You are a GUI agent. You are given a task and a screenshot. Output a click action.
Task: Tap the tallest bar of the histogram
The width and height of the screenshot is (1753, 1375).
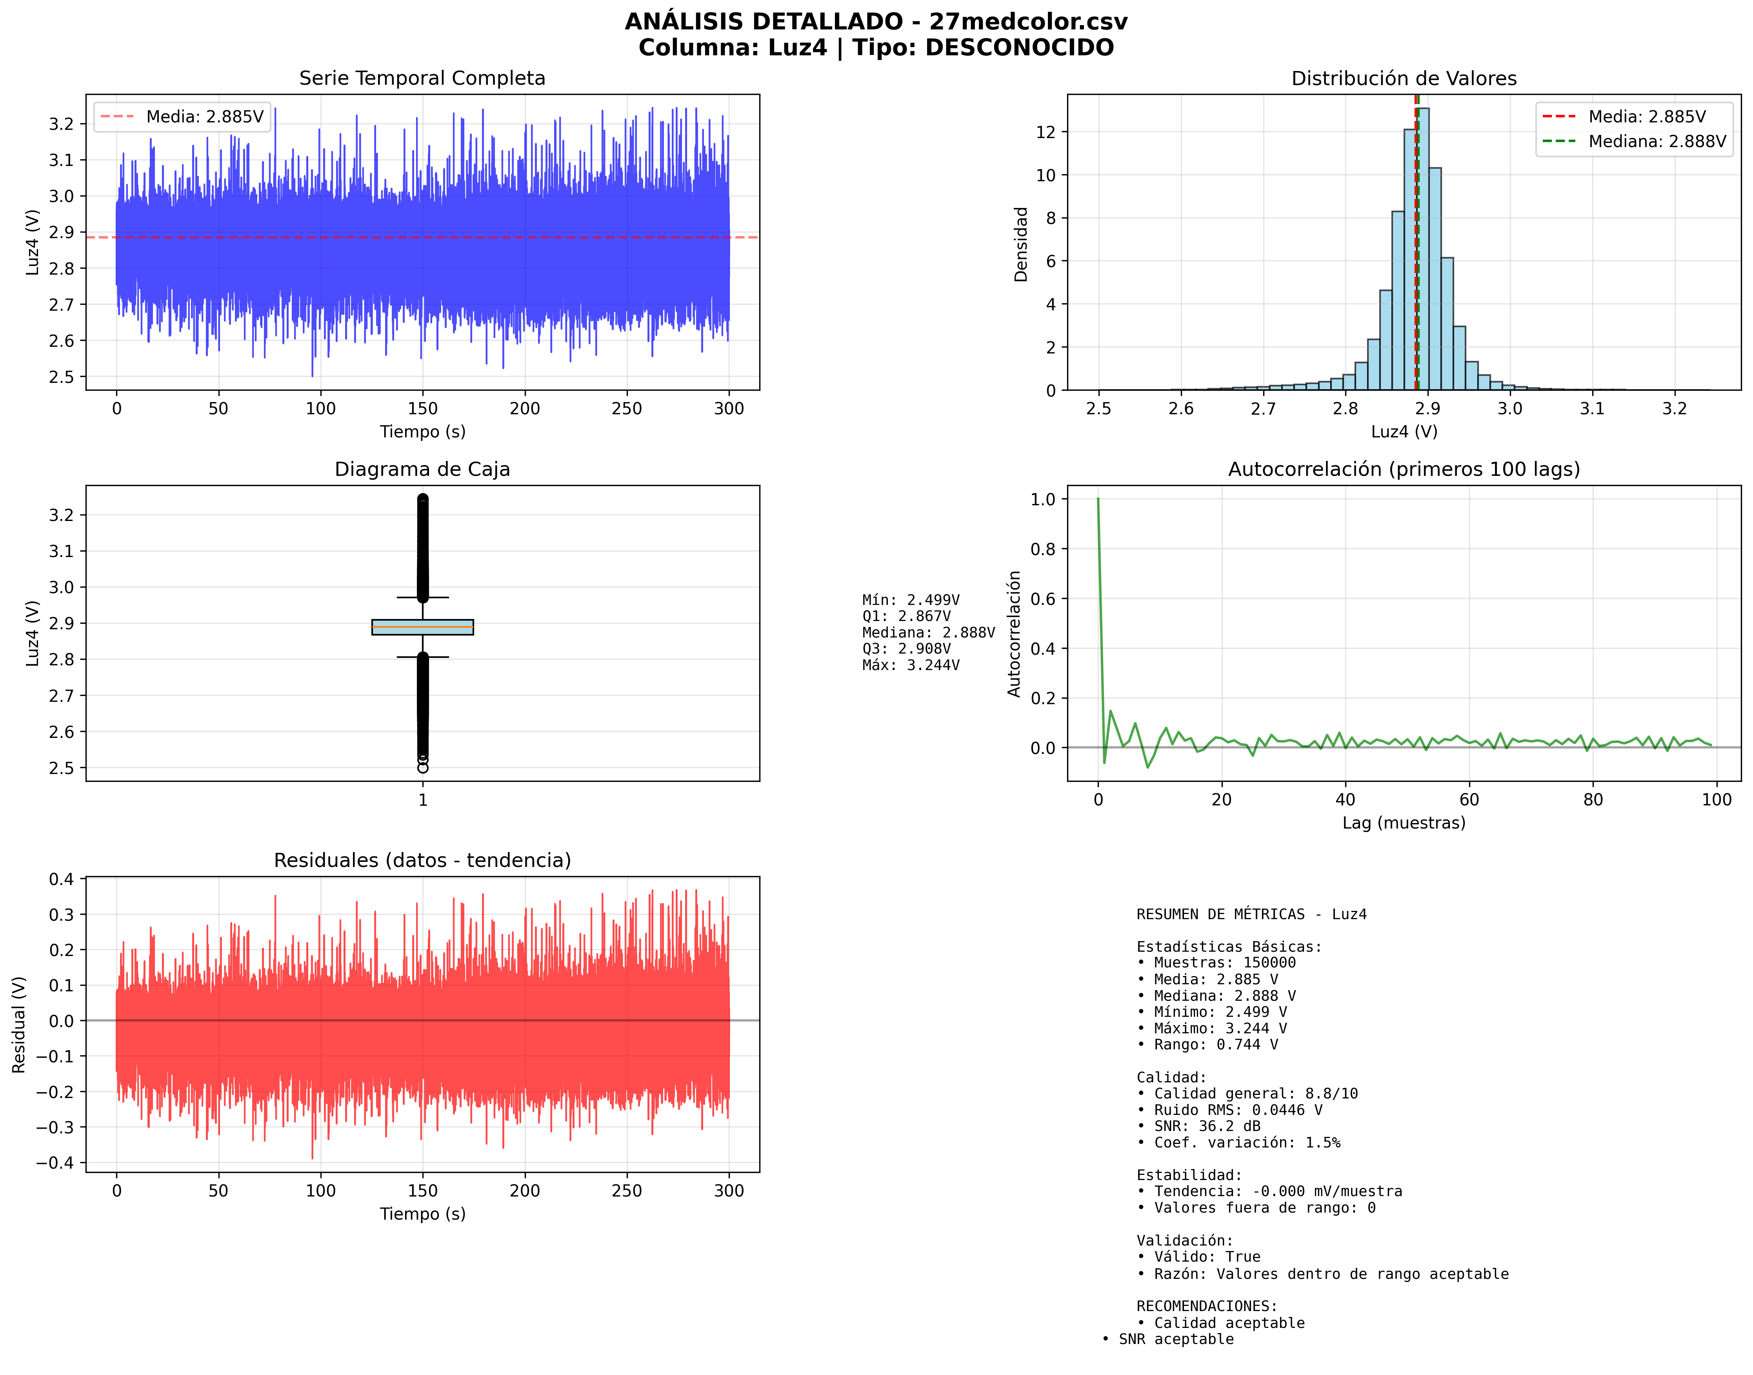coord(1422,250)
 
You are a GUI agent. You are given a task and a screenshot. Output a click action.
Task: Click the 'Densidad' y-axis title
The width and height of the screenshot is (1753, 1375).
coord(1020,244)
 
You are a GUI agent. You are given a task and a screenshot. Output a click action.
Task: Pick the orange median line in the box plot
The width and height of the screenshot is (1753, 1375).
coord(422,626)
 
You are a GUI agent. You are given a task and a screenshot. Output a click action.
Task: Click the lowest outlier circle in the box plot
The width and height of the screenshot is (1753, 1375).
coord(422,768)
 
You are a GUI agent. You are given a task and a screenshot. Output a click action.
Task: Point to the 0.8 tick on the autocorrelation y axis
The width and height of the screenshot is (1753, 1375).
coord(1043,549)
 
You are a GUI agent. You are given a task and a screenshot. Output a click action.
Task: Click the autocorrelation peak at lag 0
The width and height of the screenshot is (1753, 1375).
coord(1098,500)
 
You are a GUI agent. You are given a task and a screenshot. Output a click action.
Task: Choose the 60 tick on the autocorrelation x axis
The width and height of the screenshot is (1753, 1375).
coord(1469,800)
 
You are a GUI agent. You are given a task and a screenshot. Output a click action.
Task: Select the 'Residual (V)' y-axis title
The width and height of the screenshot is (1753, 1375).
coord(18,1024)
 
